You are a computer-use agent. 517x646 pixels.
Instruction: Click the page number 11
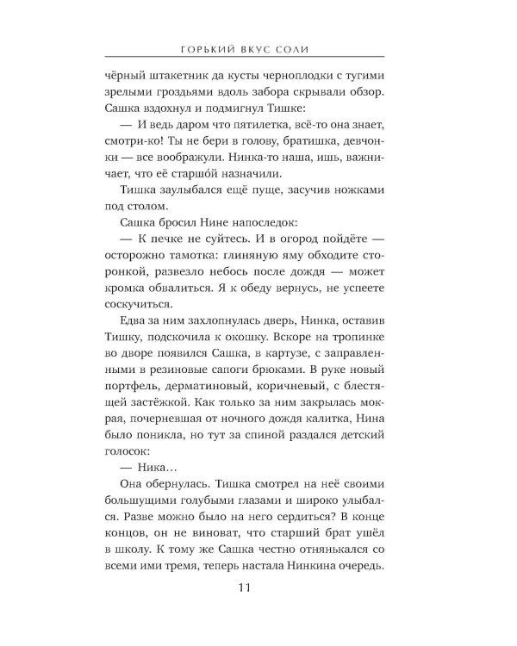258,588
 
